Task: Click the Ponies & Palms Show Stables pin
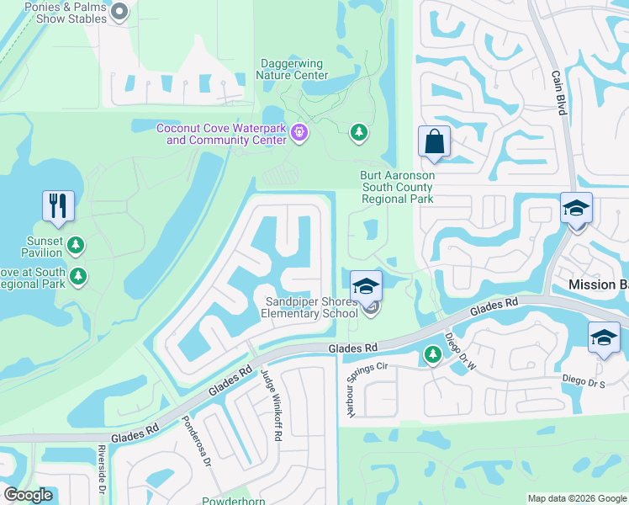pos(119,12)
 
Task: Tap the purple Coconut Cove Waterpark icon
pos(299,132)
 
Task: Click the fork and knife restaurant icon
pos(58,205)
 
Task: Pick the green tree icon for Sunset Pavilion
pos(77,244)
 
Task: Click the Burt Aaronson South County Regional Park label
pos(397,188)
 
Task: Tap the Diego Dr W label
pos(459,352)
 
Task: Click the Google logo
pos(28,495)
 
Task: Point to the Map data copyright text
pos(576,498)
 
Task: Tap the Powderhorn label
pos(234,499)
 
